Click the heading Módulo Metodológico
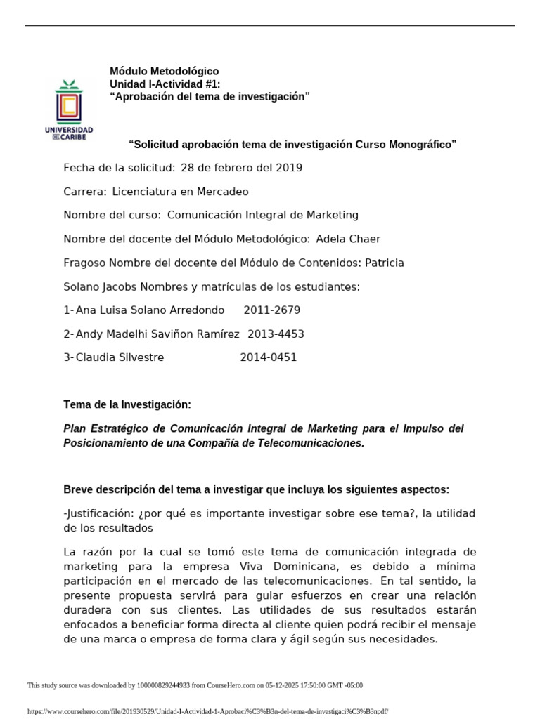(x=164, y=71)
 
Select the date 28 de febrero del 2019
(x=241, y=168)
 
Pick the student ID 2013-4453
(x=275, y=334)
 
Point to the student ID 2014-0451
(x=268, y=357)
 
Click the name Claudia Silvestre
(x=120, y=357)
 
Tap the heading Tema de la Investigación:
(x=127, y=405)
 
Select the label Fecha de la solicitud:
(x=119, y=168)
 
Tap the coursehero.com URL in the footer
(x=207, y=711)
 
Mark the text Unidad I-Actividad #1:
(x=165, y=84)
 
